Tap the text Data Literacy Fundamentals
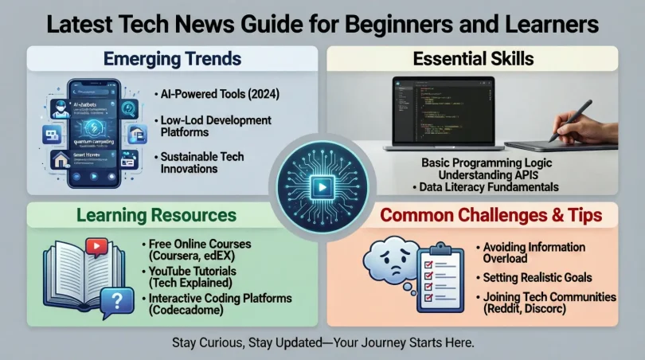pyautogui.click(x=486, y=187)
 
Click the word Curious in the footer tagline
pyautogui.click(x=237, y=342)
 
